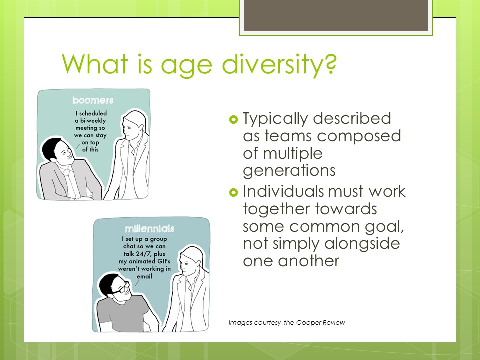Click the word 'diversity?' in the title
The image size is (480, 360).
[x=279, y=64]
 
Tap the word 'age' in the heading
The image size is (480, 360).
[x=186, y=66]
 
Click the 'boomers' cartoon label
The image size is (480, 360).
[x=93, y=100]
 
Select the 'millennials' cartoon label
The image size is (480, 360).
[x=149, y=228]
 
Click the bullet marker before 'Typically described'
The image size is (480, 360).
[x=233, y=119]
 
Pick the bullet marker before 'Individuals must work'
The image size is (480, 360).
[x=233, y=192]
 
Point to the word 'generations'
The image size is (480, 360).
[x=289, y=171]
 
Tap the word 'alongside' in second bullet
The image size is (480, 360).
[x=362, y=244]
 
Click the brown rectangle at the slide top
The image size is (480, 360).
[x=336, y=15]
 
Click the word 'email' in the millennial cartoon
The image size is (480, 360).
[x=144, y=276]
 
